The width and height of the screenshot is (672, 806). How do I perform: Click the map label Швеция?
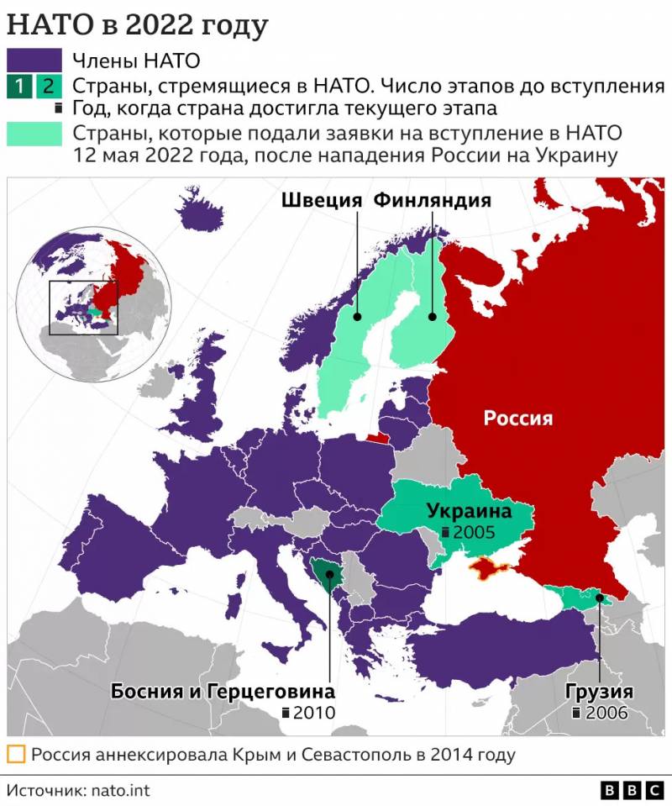[x=321, y=200]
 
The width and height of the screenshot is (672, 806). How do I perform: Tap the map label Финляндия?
[x=432, y=200]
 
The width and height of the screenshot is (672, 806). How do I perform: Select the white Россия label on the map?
[x=518, y=418]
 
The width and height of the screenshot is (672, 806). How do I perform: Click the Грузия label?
[x=599, y=692]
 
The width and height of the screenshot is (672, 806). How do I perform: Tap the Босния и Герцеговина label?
[x=223, y=692]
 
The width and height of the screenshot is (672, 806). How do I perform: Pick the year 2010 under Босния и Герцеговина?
[x=314, y=713]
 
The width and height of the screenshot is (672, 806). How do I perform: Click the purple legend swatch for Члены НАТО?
[x=34, y=60]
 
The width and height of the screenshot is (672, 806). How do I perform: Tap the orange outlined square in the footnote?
[x=15, y=754]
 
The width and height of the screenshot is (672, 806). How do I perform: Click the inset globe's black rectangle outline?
[x=83, y=308]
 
